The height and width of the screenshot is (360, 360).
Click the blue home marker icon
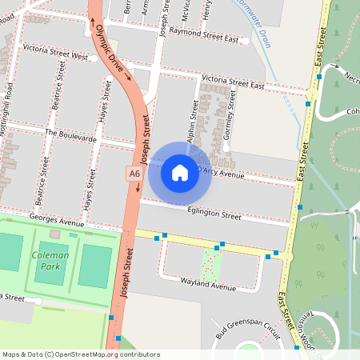point(180,172)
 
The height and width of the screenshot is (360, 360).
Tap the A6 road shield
point(134,174)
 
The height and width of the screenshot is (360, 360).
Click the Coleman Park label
point(50,260)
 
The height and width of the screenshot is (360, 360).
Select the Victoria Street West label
point(55,57)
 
